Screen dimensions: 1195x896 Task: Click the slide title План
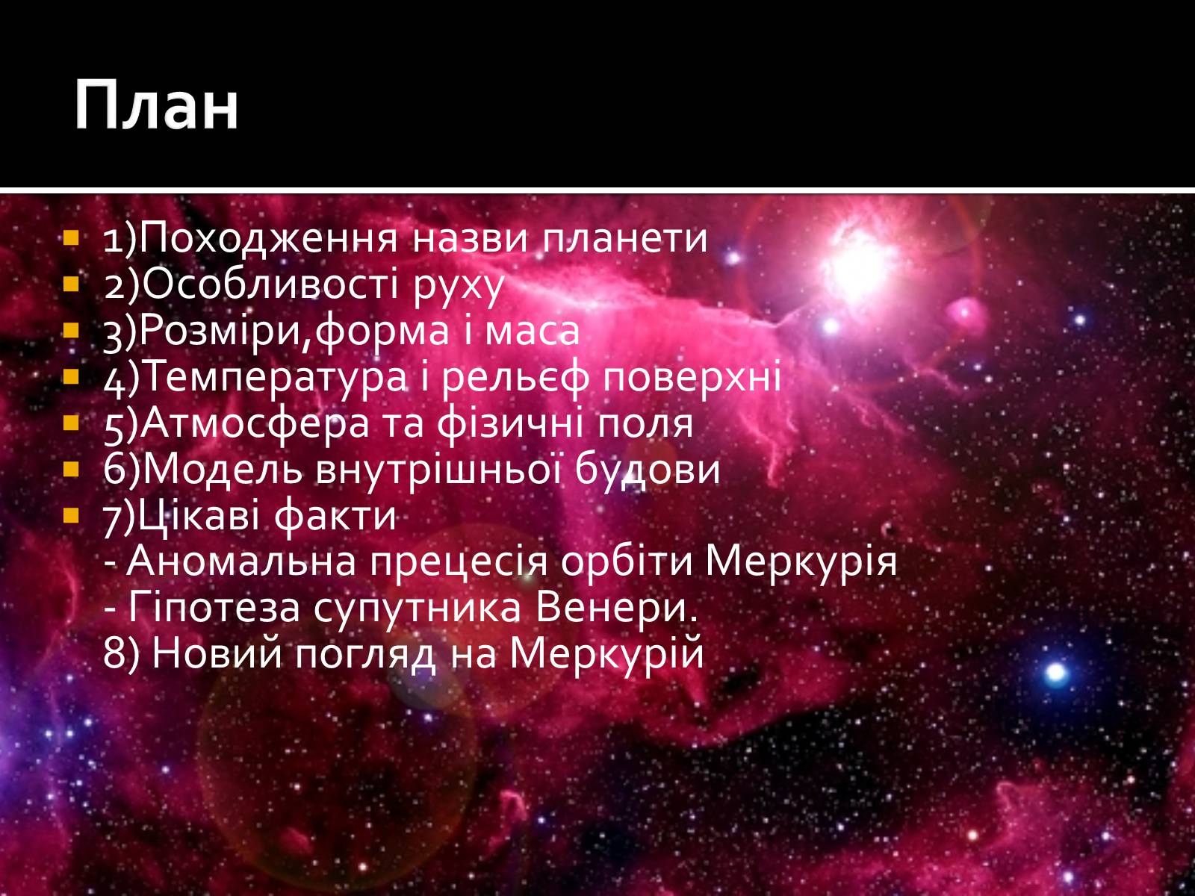(156, 105)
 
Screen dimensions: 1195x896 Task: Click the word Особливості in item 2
(270, 284)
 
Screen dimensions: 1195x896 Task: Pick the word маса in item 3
(532, 332)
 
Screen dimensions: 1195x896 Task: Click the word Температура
(276, 378)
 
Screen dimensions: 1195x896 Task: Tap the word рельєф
(515, 376)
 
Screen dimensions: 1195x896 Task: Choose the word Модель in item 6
(222, 469)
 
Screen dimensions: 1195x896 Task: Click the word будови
(648, 470)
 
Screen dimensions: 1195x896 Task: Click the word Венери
(616, 609)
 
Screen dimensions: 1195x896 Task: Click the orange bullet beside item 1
(71, 237)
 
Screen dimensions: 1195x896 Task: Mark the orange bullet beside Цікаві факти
(71, 514)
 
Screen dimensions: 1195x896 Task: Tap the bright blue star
(1056, 673)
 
